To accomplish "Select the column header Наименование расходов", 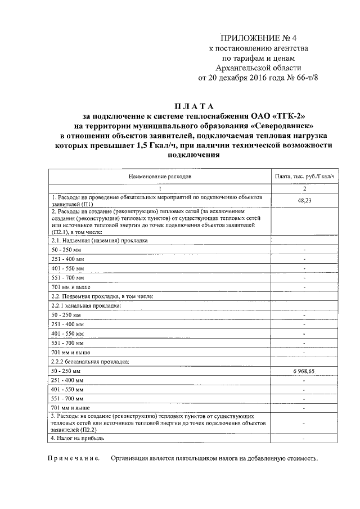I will click(160, 176).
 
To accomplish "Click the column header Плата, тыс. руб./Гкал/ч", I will click(304, 176).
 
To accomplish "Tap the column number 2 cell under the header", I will click(304, 188).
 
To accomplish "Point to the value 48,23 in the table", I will click(304, 200).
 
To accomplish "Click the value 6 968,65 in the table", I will click(304, 372).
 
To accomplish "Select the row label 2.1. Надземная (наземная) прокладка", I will click(99, 239).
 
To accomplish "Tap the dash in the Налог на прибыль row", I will click(304, 438).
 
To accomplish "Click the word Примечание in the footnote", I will click(73, 458).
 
